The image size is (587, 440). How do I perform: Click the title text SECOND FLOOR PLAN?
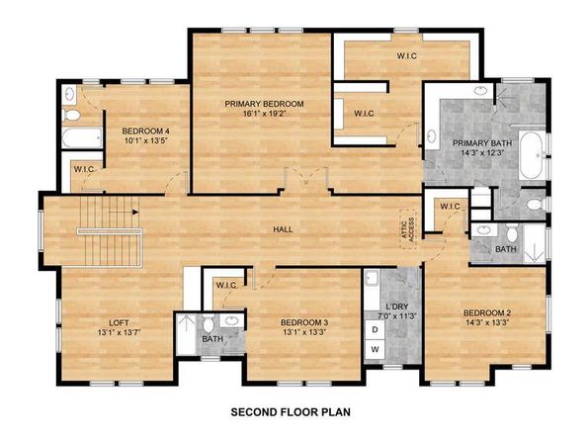292,411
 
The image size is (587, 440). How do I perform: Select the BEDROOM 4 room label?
145,131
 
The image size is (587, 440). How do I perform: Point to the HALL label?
284,229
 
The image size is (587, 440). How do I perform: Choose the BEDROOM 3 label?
303,322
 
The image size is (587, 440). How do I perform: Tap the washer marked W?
376,350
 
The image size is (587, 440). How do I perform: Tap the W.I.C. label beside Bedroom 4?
84,169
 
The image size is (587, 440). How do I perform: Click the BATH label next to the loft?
212,339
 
